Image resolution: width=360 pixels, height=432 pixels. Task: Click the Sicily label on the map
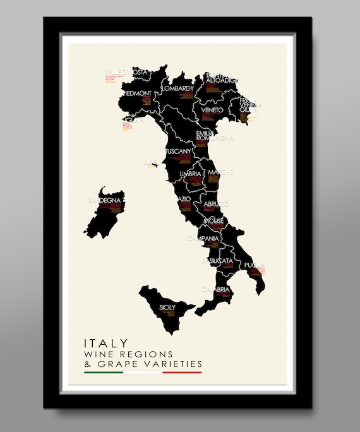(x=167, y=308)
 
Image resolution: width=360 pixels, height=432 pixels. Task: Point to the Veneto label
(x=212, y=110)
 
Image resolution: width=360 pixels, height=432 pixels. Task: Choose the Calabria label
(x=217, y=289)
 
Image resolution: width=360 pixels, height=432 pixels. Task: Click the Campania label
(x=203, y=239)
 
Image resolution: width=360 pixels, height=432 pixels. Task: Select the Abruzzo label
(x=215, y=203)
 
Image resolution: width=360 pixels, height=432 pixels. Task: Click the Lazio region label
(x=183, y=199)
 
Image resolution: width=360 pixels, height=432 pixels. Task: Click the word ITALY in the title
(x=106, y=342)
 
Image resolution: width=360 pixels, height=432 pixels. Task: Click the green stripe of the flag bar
(x=104, y=373)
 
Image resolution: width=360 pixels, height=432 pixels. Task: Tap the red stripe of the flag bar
(x=182, y=373)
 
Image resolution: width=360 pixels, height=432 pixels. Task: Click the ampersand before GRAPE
(x=88, y=364)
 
